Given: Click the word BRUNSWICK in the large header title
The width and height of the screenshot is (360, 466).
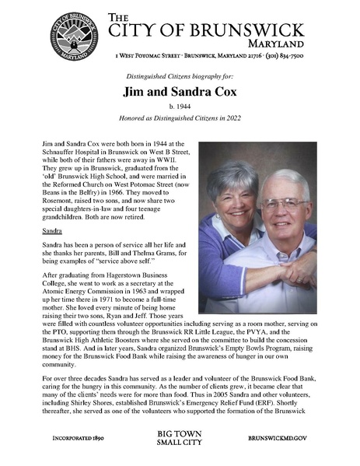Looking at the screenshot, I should (x=234, y=30).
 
